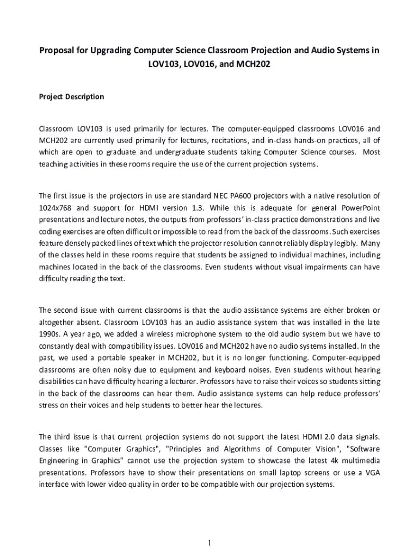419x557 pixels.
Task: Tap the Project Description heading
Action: coord(71,97)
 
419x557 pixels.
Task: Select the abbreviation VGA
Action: coord(372,473)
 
